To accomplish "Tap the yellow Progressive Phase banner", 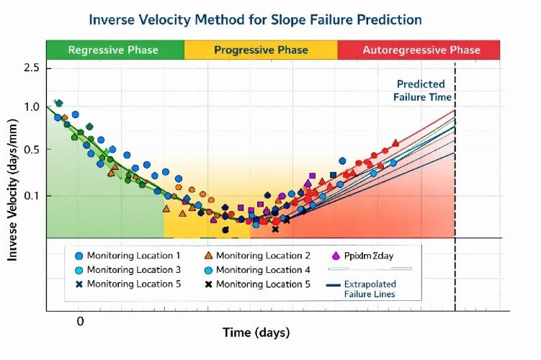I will (261, 50).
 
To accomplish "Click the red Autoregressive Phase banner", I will (421, 50).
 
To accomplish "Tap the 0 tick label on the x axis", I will (81, 321).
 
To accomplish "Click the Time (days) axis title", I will (256, 333).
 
